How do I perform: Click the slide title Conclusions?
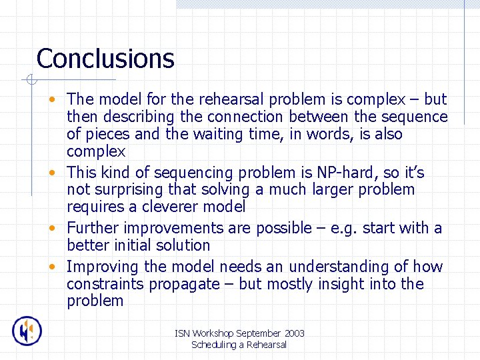pyautogui.click(x=105, y=59)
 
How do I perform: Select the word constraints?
pyautogui.click(x=105, y=285)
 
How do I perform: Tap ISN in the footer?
pyautogui.click(x=183, y=333)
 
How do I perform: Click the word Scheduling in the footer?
pyautogui.click(x=214, y=345)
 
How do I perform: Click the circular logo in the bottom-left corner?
pyautogui.click(x=27, y=331)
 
